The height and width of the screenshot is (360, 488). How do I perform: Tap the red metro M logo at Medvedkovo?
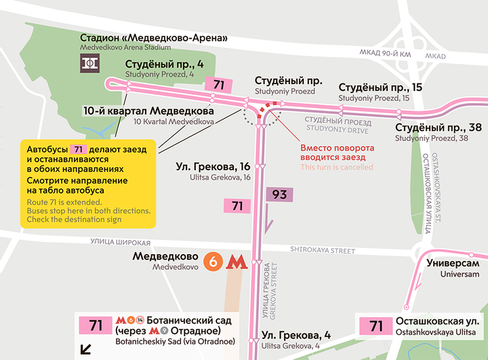[235, 262]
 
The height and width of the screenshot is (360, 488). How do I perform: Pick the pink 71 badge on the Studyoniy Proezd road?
[218, 85]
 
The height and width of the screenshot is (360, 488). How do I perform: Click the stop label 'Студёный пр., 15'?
[380, 87]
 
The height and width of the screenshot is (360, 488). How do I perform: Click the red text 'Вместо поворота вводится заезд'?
[337, 153]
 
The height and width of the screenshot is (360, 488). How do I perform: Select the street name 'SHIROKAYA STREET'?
[323, 251]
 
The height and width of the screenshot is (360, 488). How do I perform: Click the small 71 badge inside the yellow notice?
[79, 148]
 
